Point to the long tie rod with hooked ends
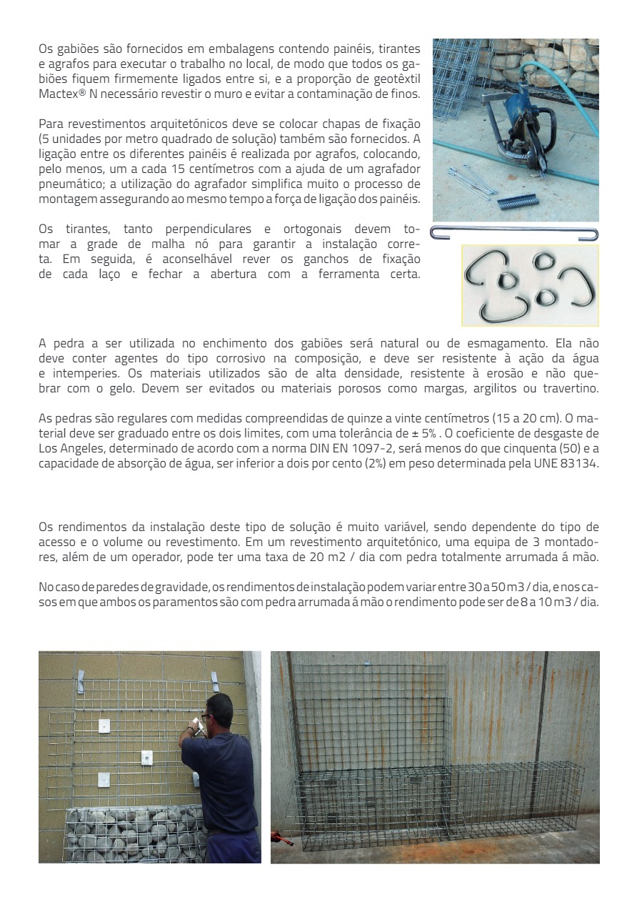click(x=514, y=233)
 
